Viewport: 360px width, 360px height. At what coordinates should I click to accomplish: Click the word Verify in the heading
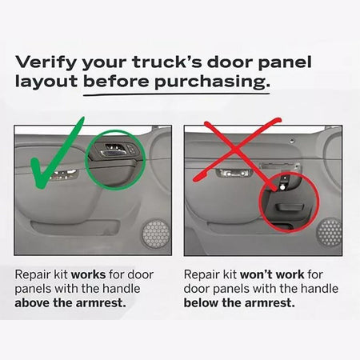pos(46,62)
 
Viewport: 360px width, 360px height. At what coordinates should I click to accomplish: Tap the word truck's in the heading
pos(167,62)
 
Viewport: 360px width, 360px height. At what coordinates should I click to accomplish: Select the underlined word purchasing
pos(212,82)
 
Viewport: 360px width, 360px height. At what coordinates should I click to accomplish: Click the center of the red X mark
pos(236,150)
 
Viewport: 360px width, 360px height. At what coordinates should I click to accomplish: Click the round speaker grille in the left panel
pos(155,234)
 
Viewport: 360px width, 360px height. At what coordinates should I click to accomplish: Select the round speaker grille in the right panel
pos(330,231)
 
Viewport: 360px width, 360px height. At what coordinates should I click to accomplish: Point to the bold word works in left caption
pos(89,274)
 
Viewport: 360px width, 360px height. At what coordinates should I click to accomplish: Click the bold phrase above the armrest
pos(70,303)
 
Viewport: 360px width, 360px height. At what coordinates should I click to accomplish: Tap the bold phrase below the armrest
pos(239,303)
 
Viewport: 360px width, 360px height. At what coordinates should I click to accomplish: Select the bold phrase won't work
pos(272,274)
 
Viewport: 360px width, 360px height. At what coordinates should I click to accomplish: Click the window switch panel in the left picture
pos(64,174)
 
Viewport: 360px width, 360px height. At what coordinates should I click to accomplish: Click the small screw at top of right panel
pos(292,141)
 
